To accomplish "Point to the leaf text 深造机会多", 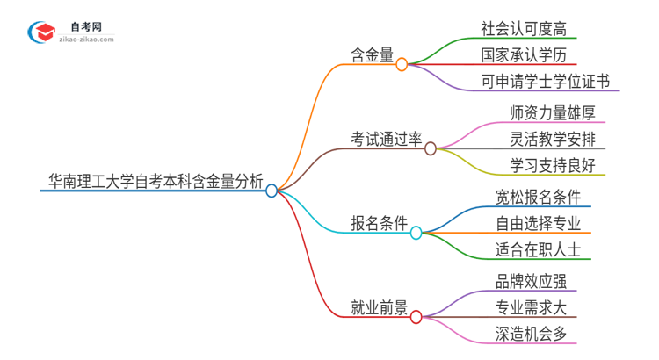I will click(530, 334).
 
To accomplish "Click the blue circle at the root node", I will click(272, 190).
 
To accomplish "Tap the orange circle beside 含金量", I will click(402, 64).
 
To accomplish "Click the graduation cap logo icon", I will click(40, 32).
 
